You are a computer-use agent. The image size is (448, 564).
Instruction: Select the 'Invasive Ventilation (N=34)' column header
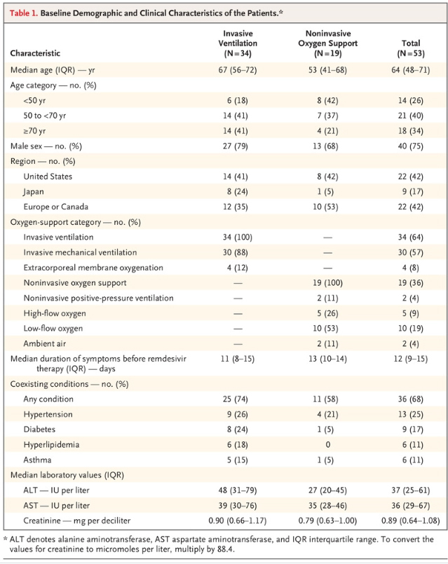(239, 43)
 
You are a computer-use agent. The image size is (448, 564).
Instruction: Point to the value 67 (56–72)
(239, 71)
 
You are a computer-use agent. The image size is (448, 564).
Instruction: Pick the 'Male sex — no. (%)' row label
(46, 146)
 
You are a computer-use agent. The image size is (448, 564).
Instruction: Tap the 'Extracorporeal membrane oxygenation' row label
(93, 268)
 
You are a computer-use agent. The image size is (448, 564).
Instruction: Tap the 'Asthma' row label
(38, 460)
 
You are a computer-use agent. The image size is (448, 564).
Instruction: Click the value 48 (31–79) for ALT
(239, 490)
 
